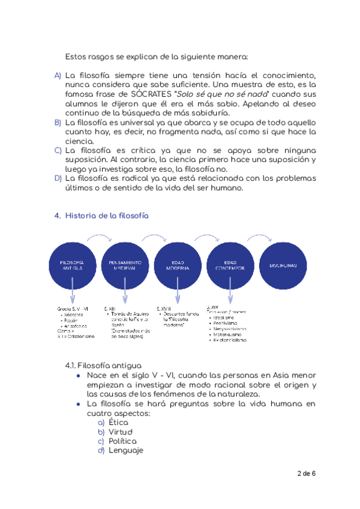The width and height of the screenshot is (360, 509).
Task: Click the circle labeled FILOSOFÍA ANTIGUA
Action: pyautogui.click(x=72, y=265)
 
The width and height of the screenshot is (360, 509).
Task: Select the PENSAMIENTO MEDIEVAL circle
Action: pyautogui.click(x=125, y=265)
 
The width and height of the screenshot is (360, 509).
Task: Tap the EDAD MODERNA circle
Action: pyautogui.click(x=178, y=265)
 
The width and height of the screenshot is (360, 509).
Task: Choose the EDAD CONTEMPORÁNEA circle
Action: pyautogui.click(x=231, y=265)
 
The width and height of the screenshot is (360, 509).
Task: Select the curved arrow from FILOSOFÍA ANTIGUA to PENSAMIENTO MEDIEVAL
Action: pyautogui.click(x=98, y=238)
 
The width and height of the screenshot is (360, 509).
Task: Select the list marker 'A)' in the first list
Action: pyautogui.click(x=58, y=76)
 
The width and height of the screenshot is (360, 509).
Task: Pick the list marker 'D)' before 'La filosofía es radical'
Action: pyautogui.click(x=58, y=178)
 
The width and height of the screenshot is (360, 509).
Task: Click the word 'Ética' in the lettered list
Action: pyautogui.click(x=119, y=423)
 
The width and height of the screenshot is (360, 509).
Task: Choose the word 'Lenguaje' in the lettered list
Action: pyautogui.click(x=126, y=451)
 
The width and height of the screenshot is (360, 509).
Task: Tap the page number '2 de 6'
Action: pyautogui.click(x=306, y=474)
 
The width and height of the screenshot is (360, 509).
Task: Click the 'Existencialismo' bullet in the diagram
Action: pyautogui.click(x=230, y=340)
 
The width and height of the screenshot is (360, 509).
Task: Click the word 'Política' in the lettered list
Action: pyautogui.click(x=123, y=441)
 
